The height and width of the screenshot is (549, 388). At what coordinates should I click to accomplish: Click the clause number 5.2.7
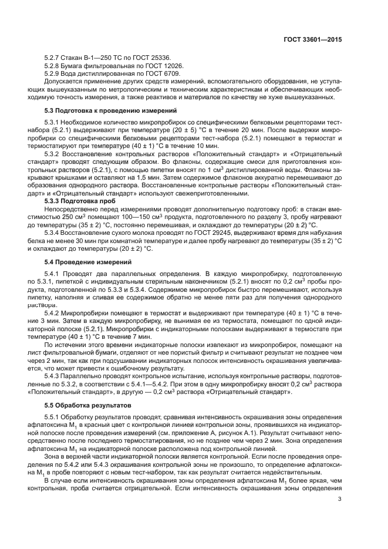53,58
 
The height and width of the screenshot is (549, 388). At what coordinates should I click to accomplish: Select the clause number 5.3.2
53,153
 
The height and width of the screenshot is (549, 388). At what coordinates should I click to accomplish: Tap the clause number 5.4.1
53,274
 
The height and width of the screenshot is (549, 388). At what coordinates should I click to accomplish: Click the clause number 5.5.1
53,417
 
